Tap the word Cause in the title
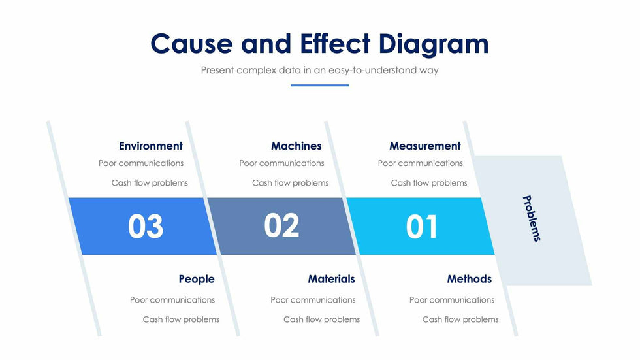coord(191,43)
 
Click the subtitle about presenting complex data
coord(319,70)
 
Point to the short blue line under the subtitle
coord(319,86)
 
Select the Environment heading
coord(151,146)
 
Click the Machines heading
coord(296,146)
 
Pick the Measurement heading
coord(425,146)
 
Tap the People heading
coord(197,279)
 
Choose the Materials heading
coord(332,279)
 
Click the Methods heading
coord(470,279)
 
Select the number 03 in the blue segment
coord(146,226)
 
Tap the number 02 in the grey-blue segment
coord(281,225)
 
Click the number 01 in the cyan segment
coord(422,226)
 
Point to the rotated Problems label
coord(532,218)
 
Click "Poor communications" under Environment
coord(141,163)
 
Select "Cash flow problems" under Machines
coord(290,183)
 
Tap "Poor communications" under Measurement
coord(421,163)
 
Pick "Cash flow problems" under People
coord(181,319)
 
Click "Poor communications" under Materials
coord(313,300)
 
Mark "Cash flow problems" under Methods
coord(460,319)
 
